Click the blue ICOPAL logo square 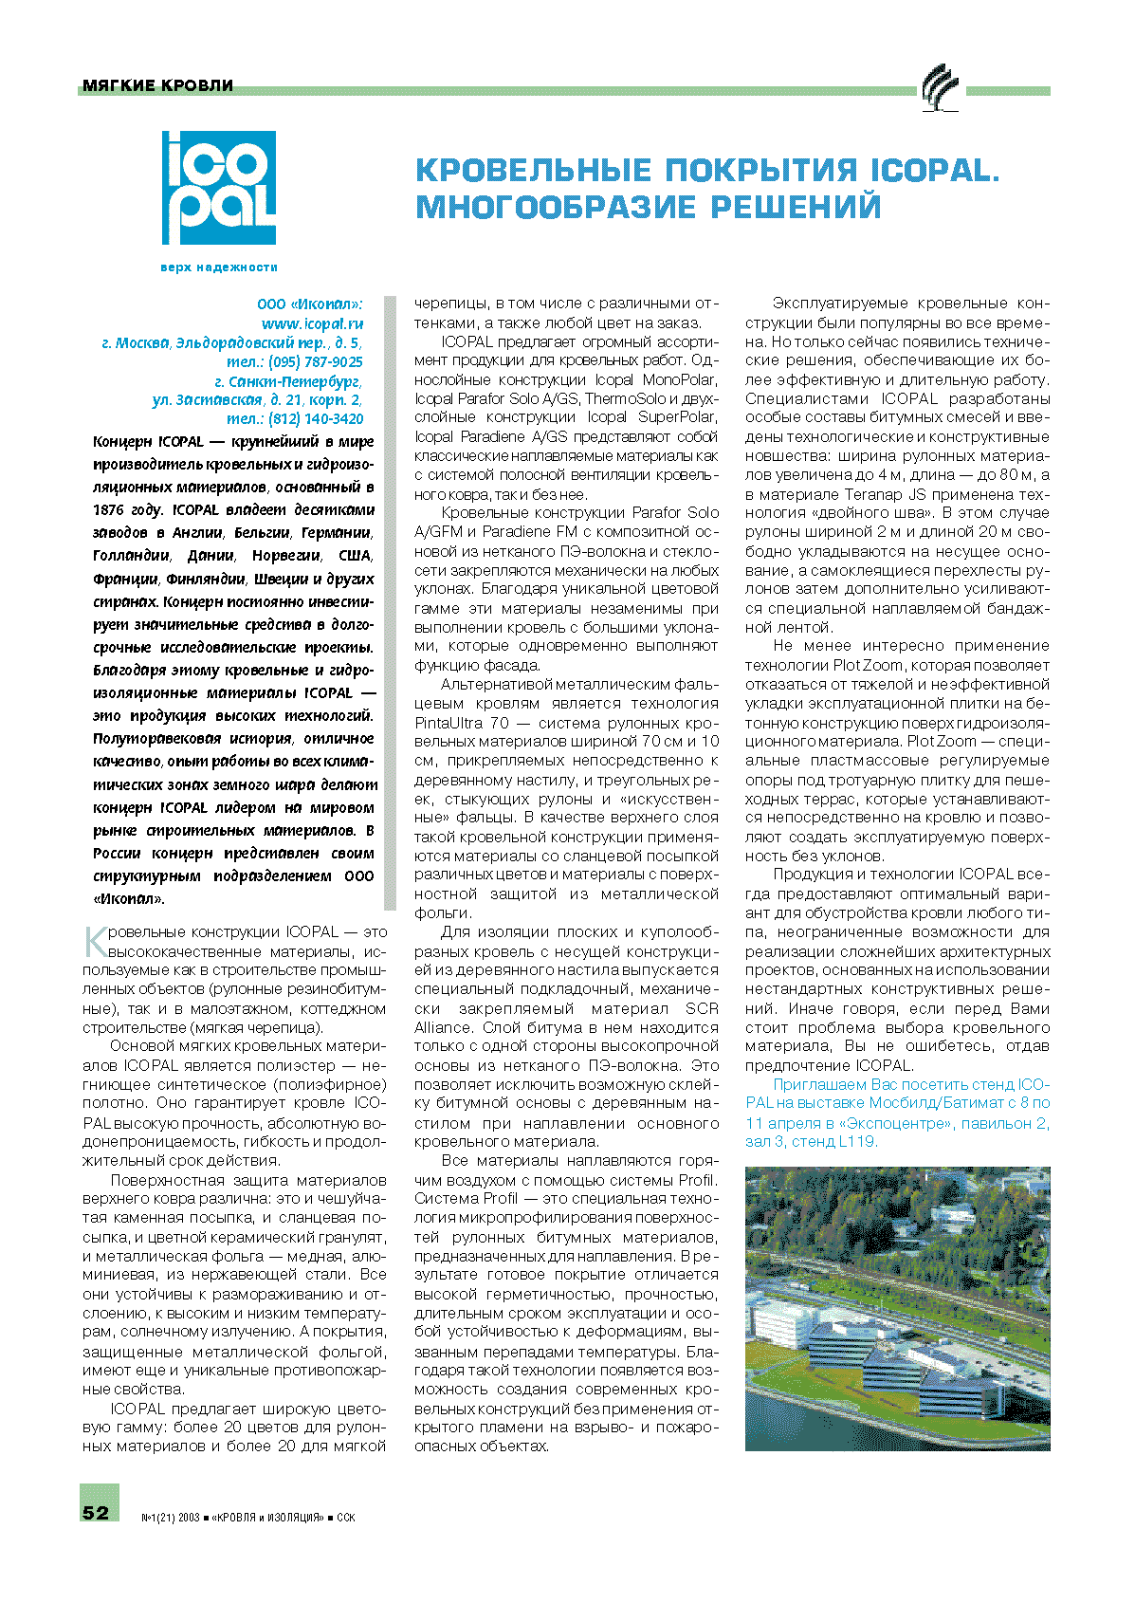pos(219,188)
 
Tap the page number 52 pos(97,1512)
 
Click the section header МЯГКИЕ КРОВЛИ pos(157,85)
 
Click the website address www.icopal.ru pos(312,323)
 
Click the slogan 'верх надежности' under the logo pos(219,267)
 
